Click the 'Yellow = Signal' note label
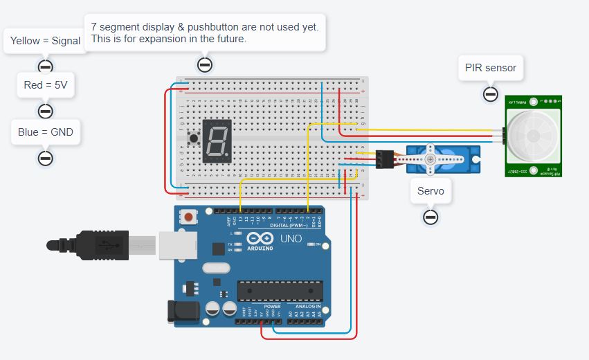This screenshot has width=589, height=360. [x=46, y=41]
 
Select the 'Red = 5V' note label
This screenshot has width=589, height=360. [x=46, y=85]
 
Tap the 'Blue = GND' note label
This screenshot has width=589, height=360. [x=46, y=132]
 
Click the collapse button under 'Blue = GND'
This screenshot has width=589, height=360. [x=46, y=158]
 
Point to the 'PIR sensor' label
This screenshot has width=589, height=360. [x=491, y=68]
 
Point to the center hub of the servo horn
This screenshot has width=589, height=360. [x=431, y=160]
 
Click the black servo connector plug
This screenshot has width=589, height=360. [x=384, y=160]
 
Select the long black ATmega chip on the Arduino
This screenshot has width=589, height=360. [x=280, y=291]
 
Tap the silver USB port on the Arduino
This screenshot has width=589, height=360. [x=178, y=245]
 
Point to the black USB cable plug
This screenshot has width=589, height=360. [x=104, y=245]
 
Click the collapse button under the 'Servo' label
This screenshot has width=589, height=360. [x=431, y=217]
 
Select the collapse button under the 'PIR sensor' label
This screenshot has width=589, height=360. [x=491, y=93]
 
